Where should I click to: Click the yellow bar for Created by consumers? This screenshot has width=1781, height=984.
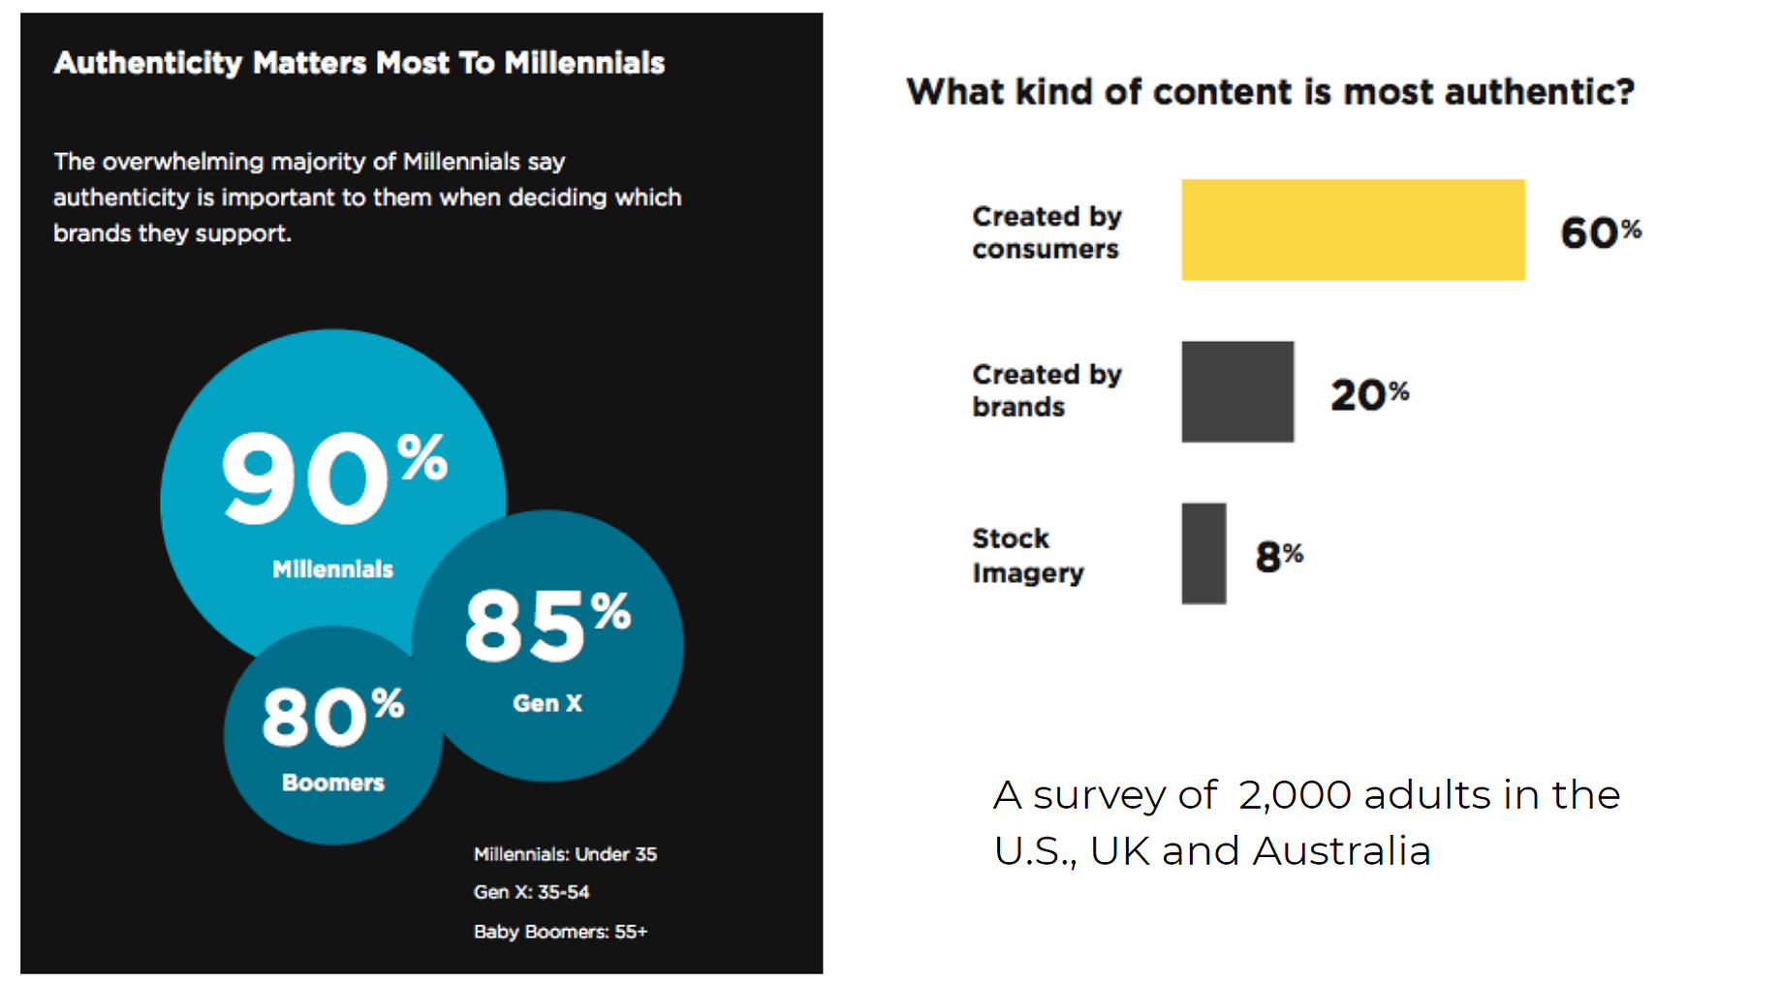pyautogui.click(x=1353, y=230)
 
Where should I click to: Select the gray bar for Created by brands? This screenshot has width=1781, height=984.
pyautogui.click(x=1237, y=391)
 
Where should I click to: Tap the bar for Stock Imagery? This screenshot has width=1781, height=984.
pyautogui.click(x=1203, y=553)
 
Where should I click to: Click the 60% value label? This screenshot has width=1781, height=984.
pyautogui.click(x=1600, y=232)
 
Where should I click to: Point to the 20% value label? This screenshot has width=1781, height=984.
pyautogui.click(x=1369, y=394)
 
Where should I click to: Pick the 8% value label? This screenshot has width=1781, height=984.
pyautogui.click(x=1279, y=556)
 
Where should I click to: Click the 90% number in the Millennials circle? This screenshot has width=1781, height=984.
pyautogui.click(x=334, y=478)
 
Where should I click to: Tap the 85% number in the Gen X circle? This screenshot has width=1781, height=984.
pyautogui.click(x=547, y=625)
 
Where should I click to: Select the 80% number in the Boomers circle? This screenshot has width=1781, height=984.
pyautogui.click(x=332, y=717)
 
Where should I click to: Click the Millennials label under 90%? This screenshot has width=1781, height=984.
pyautogui.click(x=332, y=569)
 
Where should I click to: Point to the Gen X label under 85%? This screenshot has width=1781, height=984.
pyautogui.click(x=547, y=703)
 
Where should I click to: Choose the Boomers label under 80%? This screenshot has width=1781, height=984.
pyautogui.click(x=332, y=783)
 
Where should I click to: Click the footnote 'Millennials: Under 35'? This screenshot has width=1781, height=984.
pyautogui.click(x=565, y=854)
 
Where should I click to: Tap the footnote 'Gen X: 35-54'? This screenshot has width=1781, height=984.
pyautogui.click(x=531, y=892)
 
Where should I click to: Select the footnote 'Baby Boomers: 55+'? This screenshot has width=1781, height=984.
pyautogui.click(x=560, y=932)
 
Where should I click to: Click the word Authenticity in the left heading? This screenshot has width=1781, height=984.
pyautogui.click(x=147, y=63)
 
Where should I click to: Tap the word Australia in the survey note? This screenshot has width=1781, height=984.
pyautogui.click(x=1341, y=851)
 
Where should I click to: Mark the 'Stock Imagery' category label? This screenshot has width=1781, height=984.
pyautogui.click(x=1027, y=556)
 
